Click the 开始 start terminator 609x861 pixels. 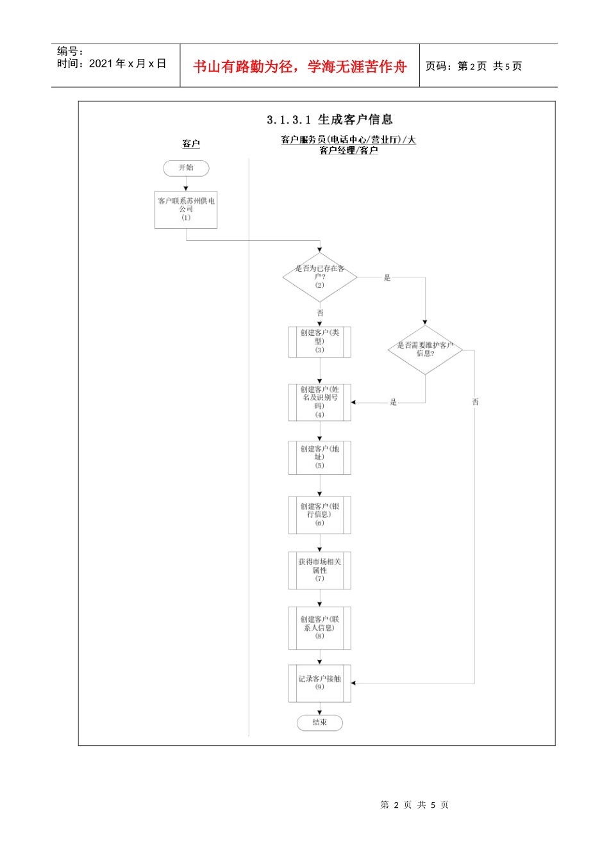click(186, 168)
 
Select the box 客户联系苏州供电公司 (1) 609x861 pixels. click(186, 209)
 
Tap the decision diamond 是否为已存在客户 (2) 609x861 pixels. click(320, 277)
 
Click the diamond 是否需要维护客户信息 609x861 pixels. click(425, 350)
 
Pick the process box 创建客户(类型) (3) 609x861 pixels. click(320, 342)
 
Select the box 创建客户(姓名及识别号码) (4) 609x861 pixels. click(320, 402)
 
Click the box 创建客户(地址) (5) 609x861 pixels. click(320, 457)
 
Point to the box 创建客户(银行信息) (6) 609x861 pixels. click(320, 515)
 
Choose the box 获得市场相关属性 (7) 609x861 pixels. click(320, 570)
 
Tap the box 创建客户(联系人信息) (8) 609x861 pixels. click(320, 628)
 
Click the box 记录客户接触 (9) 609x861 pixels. click(320, 683)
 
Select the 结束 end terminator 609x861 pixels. click(320, 723)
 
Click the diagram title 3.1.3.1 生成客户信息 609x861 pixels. click(330, 120)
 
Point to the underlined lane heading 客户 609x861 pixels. click(191, 144)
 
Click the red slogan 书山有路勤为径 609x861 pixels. click(244, 67)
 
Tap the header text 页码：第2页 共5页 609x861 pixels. click(474, 67)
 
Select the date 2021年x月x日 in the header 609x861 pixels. click(127, 63)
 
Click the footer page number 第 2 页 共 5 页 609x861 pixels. click(414, 805)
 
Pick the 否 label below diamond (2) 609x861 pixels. click(320, 313)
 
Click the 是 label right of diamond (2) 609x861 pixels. click(387, 278)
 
